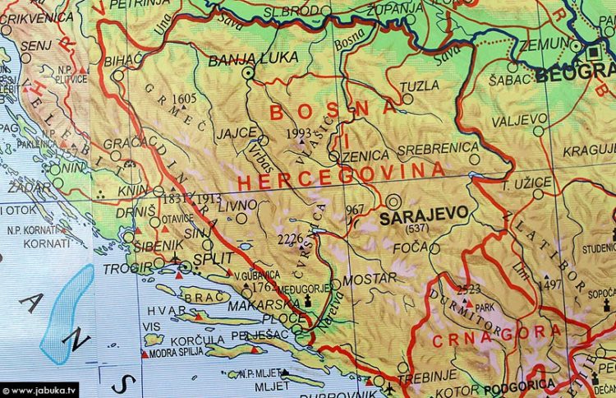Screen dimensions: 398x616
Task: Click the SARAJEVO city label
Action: click(x=424, y=213)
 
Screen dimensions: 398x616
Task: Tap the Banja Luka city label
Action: click(x=242, y=60)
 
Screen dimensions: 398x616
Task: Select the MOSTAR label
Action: click(x=362, y=279)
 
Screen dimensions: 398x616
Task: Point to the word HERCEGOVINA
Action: click(x=341, y=175)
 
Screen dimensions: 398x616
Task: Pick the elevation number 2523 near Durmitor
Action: click(x=469, y=289)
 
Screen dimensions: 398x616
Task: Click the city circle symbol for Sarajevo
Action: click(x=393, y=200)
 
